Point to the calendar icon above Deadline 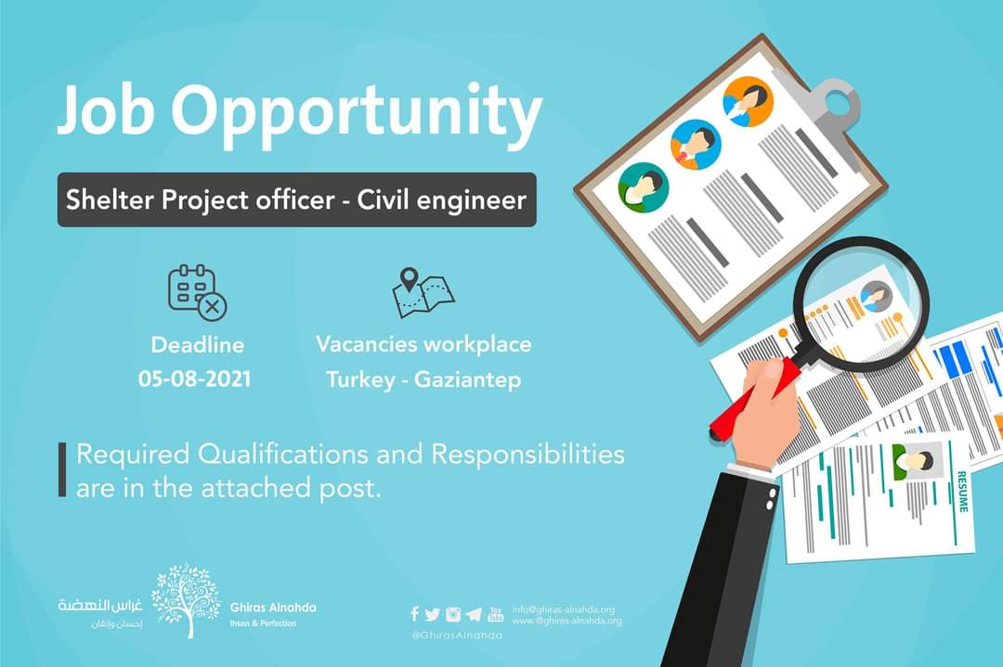pos(197,292)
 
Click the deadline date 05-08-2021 pos(194,379)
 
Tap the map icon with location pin pos(423,293)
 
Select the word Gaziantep pos(467,380)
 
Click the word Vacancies pos(366,344)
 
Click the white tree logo pos(186,600)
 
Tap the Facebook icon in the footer pos(414,614)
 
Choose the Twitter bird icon pos(433,615)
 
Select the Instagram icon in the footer pos(453,615)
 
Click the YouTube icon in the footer pos(495,614)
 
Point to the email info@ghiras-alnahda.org pos(563,609)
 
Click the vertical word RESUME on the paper pos(962,491)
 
